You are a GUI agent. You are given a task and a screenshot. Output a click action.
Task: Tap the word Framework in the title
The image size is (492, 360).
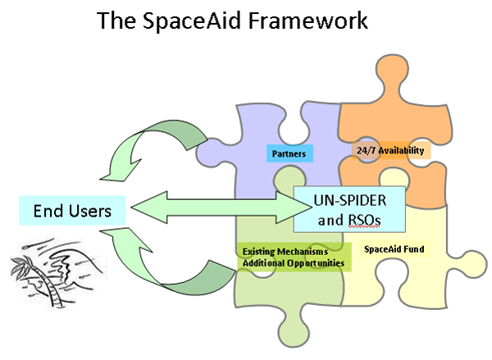[308, 21]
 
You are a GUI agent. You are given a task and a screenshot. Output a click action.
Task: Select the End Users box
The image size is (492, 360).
[72, 211]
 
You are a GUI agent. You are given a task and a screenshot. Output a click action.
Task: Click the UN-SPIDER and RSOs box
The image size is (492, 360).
[349, 209]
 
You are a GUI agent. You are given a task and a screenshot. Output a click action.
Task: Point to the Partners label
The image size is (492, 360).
[289, 153]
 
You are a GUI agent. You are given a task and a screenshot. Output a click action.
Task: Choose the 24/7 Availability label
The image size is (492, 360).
[390, 150]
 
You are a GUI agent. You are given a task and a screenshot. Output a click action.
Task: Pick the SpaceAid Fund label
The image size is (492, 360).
[394, 249]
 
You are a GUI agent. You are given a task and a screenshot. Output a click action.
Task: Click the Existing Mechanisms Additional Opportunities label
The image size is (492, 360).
[294, 257]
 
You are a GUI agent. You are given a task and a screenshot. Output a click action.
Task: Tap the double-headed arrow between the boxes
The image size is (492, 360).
[221, 207]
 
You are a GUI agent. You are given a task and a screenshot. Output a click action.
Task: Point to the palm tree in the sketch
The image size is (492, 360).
[41, 276]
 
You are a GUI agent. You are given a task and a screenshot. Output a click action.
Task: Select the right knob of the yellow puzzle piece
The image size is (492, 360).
[471, 264]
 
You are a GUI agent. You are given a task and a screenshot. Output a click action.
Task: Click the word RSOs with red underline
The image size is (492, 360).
[365, 221]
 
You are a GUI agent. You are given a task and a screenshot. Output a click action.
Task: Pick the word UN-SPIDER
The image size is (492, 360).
[350, 201]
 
